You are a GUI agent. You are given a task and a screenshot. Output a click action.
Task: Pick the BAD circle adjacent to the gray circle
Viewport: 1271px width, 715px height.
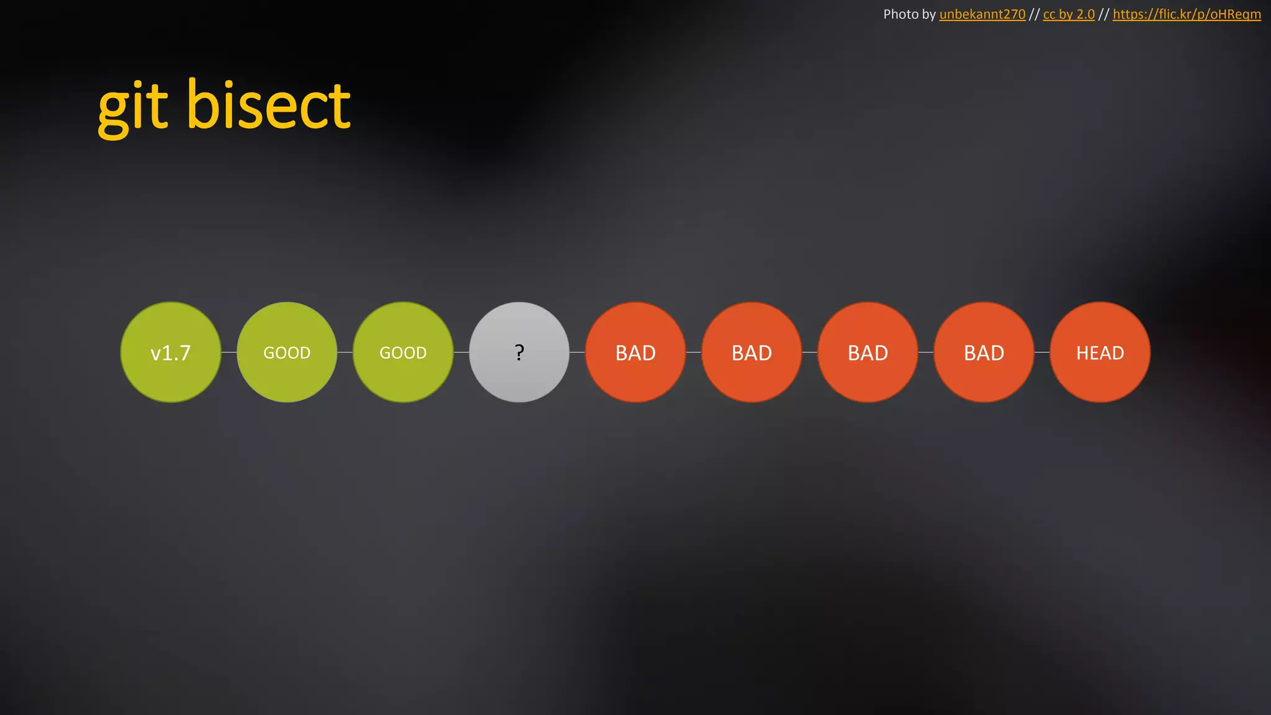(635, 353)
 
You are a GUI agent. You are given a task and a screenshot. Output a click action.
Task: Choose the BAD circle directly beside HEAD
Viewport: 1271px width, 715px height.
(984, 353)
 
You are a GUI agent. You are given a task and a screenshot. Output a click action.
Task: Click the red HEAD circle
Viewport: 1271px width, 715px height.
(1100, 353)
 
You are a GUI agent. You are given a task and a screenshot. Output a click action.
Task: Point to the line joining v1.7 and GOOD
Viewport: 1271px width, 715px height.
(229, 352)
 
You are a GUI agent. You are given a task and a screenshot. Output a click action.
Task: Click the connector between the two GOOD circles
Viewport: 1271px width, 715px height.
(345, 352)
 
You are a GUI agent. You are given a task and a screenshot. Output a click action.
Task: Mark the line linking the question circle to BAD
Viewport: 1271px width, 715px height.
(577, 352)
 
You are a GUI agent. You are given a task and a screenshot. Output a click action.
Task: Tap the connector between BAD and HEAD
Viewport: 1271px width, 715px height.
(1042, 352)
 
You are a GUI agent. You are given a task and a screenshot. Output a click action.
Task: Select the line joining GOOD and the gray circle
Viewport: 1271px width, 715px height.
(461, 352)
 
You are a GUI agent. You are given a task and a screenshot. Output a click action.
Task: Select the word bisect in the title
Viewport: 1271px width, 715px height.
(269, 106)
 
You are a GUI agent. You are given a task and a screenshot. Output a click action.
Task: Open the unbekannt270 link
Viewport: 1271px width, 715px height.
(982, 14)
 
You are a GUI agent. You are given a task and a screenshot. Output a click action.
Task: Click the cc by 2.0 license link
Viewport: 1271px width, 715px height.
(1069, 14)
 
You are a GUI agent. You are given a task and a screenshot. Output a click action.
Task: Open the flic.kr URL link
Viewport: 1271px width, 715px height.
(1187, 14)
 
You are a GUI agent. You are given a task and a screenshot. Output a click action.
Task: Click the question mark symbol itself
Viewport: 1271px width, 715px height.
(519, 353)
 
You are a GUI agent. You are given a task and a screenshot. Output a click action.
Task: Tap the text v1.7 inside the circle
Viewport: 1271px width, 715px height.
(171, 353)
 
